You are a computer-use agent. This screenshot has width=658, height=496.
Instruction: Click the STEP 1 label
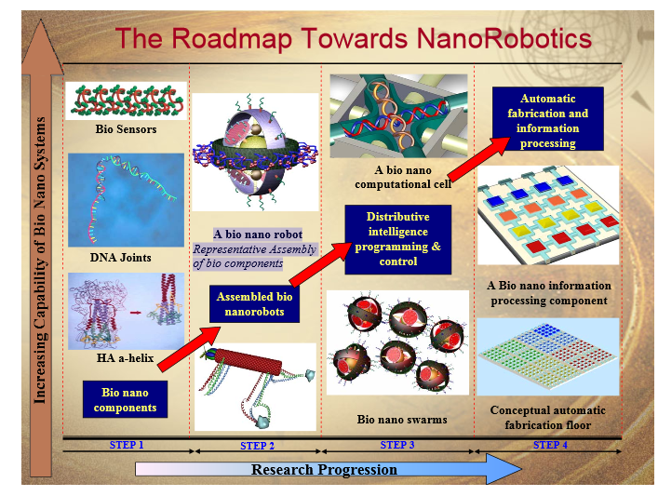tap(127, 445)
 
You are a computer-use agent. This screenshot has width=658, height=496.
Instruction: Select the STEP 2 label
tap(257, 446)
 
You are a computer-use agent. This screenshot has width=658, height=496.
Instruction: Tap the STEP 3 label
tap(397, 445)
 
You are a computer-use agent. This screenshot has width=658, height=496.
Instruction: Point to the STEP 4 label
tap(550, 445)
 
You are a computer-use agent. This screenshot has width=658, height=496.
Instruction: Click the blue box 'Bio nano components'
tap(125, 399)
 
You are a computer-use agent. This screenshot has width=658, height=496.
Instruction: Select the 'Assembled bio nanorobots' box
tap(254, 303)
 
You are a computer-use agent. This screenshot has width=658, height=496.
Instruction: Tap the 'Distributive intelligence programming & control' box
tap(397, 239)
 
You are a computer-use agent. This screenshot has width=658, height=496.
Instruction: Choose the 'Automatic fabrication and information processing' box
tap(547, 119)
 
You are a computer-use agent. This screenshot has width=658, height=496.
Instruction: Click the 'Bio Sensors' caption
tap(126, 128)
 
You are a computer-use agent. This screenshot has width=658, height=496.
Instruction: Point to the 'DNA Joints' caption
tap(120, 257)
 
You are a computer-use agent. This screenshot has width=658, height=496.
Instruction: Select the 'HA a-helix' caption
tap(125, 358)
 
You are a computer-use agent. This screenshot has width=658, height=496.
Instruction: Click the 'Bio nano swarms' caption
tap(402, 419)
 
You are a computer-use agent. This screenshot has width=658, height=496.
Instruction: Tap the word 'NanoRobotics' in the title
tap(504, 38)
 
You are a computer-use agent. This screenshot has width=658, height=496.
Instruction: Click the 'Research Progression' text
tap(324, 470)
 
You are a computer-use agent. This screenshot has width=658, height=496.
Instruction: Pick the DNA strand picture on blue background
tap(126, 200)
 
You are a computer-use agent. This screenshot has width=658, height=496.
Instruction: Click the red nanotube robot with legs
tap(255, 387)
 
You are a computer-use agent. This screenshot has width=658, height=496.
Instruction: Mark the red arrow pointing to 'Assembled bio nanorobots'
tap(190, 349)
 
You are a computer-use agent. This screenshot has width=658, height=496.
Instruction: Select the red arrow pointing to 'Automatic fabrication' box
tap(479, 159)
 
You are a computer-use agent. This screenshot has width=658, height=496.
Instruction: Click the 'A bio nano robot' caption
tap(258, 235)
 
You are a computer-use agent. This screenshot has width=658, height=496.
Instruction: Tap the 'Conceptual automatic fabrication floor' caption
tap(547, 418)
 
